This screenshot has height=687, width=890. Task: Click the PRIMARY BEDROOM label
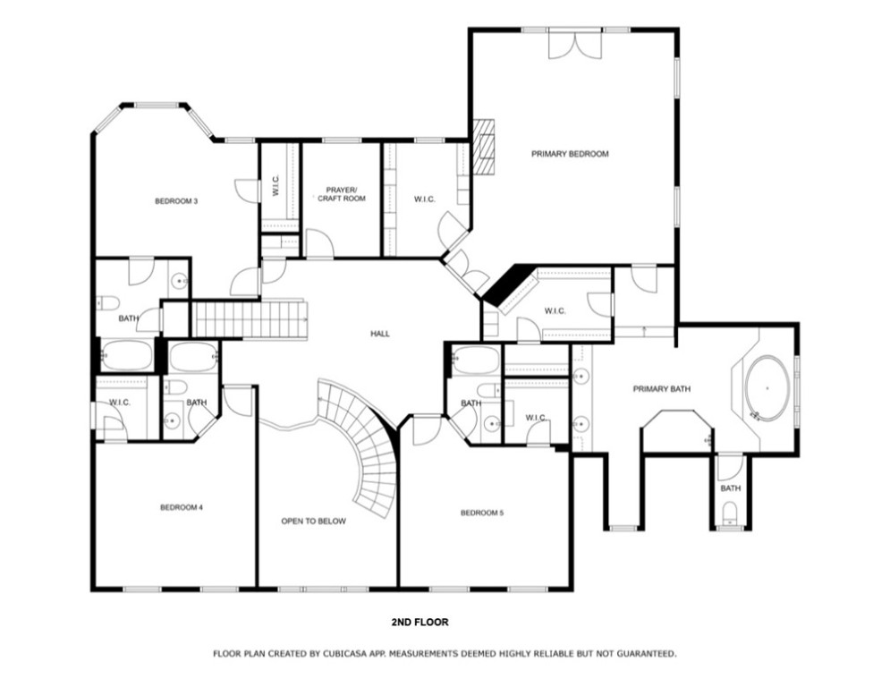click(x=570, y=154)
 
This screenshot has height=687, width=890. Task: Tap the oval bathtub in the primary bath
click(x=767, y=390)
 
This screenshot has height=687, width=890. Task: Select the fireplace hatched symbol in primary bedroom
click(x=484, y=145)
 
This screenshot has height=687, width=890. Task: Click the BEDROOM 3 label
click(x=176, y=201)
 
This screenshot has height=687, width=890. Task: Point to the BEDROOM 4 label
click(x=182, y=507)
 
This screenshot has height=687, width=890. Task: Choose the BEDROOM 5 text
click(x=482, y=513)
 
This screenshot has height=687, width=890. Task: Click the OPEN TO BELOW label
click(x=313, y=521)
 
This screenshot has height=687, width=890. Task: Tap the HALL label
click(x=380, y=334)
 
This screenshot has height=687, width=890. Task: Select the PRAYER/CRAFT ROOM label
click(x=342, y=194)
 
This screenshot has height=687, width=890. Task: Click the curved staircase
click(x=371, y=447)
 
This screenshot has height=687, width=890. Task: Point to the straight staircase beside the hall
click(x=250, y=319)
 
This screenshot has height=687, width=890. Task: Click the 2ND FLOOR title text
click(x=420, y=622)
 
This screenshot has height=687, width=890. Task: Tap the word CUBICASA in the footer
click(x=348, y=654)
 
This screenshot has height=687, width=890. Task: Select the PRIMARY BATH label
click(x=662, y=389)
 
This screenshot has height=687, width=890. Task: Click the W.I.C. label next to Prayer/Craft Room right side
click(x=425, y=199)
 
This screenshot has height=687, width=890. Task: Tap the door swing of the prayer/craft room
click(x=319, y=243)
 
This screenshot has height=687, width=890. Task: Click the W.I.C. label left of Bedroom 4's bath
click(x=120, y=403)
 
